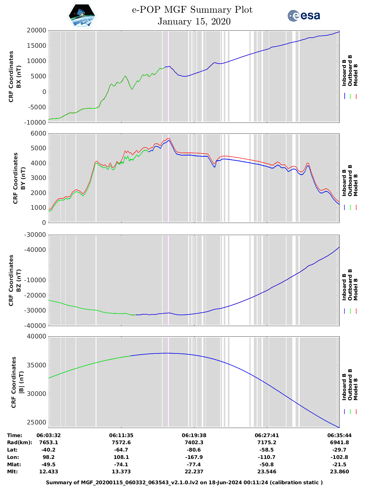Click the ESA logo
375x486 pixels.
[x=304, y=16]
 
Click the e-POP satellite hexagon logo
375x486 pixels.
[x=82, y=16]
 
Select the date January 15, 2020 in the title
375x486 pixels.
[x=194, y=22]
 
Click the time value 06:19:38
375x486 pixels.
[x=194, y=435]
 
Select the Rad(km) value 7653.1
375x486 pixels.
[x=49, y=442]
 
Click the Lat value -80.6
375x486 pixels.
[x=194, y=450]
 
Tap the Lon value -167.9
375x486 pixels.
[x=194, y=457]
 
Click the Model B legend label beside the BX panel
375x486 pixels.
[x=356, y=75]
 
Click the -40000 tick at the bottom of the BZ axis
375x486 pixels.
[x=36, y=325]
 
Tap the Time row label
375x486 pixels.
[x=15, y=435]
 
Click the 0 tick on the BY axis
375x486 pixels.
[x=44, y=223]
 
